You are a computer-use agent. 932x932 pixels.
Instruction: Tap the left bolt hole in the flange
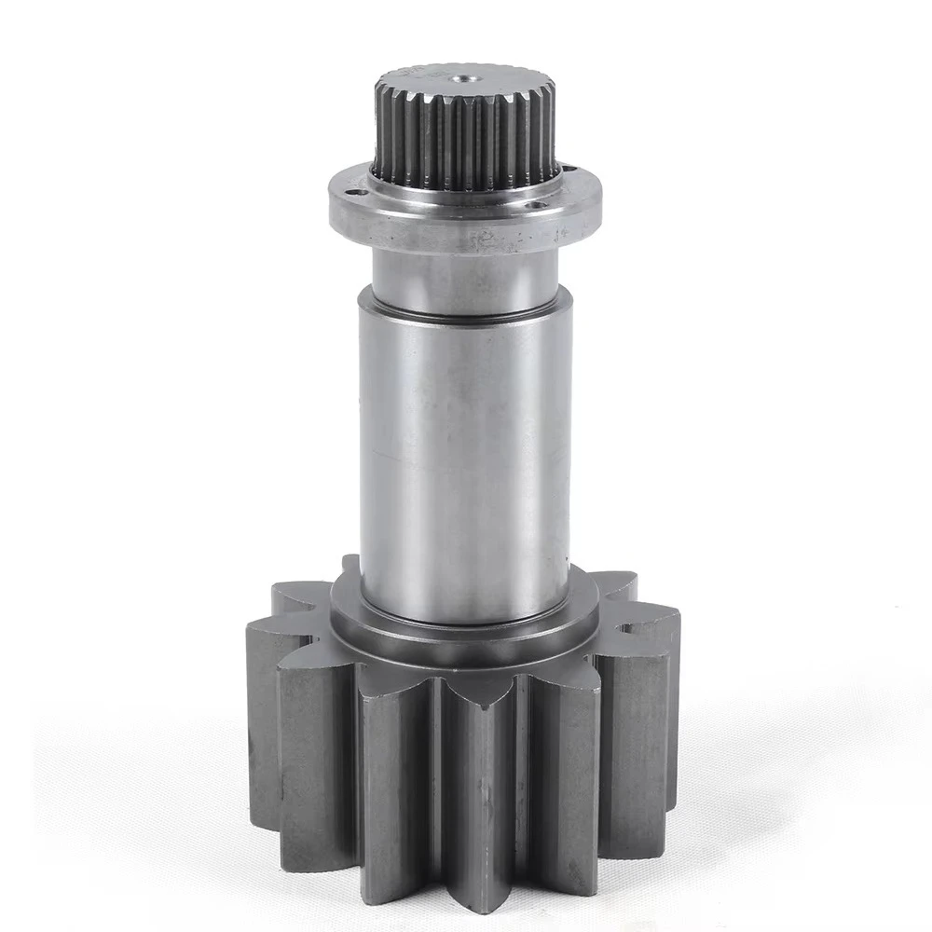coord(354,192)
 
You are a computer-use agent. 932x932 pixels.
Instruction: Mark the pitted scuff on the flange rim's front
coord(485,240)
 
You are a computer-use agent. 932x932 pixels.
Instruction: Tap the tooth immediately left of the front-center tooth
coord(391,783)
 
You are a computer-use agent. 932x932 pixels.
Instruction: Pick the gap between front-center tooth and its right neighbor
coord(522,792)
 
